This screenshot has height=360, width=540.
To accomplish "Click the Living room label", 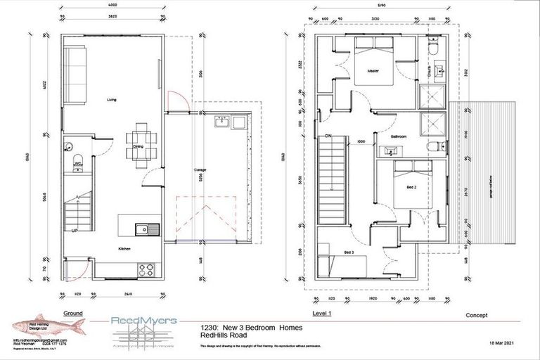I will pyautogui.click(x=111, y=101).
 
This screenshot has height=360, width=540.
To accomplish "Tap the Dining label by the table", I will pyautogui.click(x=138, y=147).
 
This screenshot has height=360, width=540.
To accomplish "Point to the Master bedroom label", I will pyautogui.click(x=372, y=69).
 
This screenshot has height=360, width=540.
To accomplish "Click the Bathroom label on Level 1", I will pyautogui.click(x=400, y=136).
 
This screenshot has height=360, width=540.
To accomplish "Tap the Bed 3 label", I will pyautogui.click(x=349, y=251).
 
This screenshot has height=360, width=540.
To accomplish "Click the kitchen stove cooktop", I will pyautogui.click(x=149, y=267).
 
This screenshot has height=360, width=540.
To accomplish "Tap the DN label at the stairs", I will pyautogui.click(x=328, y=136).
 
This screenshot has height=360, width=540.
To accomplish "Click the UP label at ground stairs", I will pyautogui.click(x=73, y=229).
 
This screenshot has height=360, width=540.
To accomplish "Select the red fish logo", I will pyautogui.click(x=49, y=324).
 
